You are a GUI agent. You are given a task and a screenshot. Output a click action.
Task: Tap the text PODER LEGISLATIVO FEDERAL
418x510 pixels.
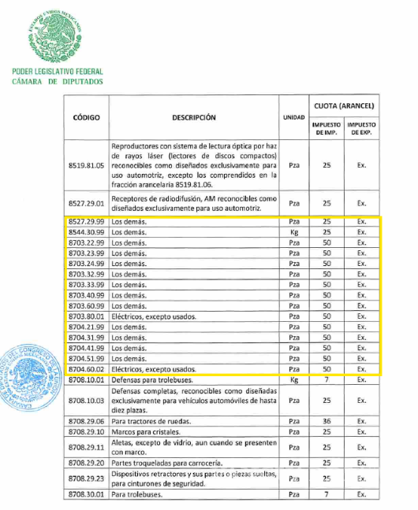click(58, 72)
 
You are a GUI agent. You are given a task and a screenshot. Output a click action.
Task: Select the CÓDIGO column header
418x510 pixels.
click(87, 116)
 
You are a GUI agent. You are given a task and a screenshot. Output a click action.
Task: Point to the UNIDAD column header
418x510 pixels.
click(293, 117)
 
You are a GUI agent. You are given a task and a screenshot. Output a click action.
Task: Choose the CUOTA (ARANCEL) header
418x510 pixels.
click(344, 105)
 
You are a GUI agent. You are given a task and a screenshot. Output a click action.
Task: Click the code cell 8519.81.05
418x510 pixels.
click(87, 166)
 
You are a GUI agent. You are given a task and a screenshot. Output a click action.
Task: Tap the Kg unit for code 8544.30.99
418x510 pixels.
click(293, 233)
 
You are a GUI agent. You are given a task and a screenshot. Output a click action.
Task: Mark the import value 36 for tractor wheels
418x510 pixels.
click(326, 421)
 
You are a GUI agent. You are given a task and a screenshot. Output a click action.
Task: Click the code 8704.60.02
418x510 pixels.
click(87, 368)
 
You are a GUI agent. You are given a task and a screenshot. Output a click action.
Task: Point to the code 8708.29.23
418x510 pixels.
click(87, 479)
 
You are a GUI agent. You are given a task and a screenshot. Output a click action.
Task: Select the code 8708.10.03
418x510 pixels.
click(87, 400)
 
